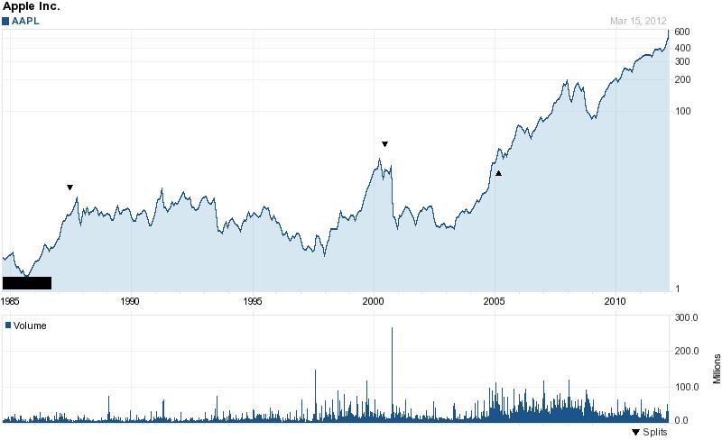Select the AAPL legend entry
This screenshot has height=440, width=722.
coord(28,21)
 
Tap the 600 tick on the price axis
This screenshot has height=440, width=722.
coord(682,32)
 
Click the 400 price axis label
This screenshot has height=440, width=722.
coord(682,47)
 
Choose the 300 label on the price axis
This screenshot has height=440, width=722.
coord(682,61)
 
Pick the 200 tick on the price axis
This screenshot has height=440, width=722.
coord(682,79)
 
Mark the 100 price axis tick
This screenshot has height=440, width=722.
coord(682,112)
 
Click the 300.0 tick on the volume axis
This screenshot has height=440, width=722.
coord(688,317)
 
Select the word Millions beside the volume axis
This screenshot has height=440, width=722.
coord(716,368)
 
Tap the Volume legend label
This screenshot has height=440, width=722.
coord(30,325)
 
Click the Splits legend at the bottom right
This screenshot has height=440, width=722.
coord(649,433)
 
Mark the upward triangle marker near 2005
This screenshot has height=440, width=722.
coord(497,172)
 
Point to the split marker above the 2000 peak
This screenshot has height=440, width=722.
coord(384,144)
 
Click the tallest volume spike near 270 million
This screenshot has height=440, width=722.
coord(392,330)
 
